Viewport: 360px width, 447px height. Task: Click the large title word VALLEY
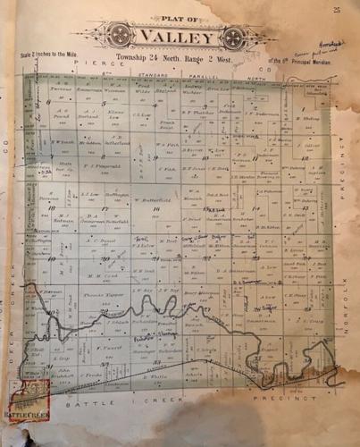point(176,38)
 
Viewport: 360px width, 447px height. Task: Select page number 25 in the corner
point(337,10)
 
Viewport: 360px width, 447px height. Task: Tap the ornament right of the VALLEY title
point(232,37)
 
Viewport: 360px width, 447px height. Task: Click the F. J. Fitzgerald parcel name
point(96,166)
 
